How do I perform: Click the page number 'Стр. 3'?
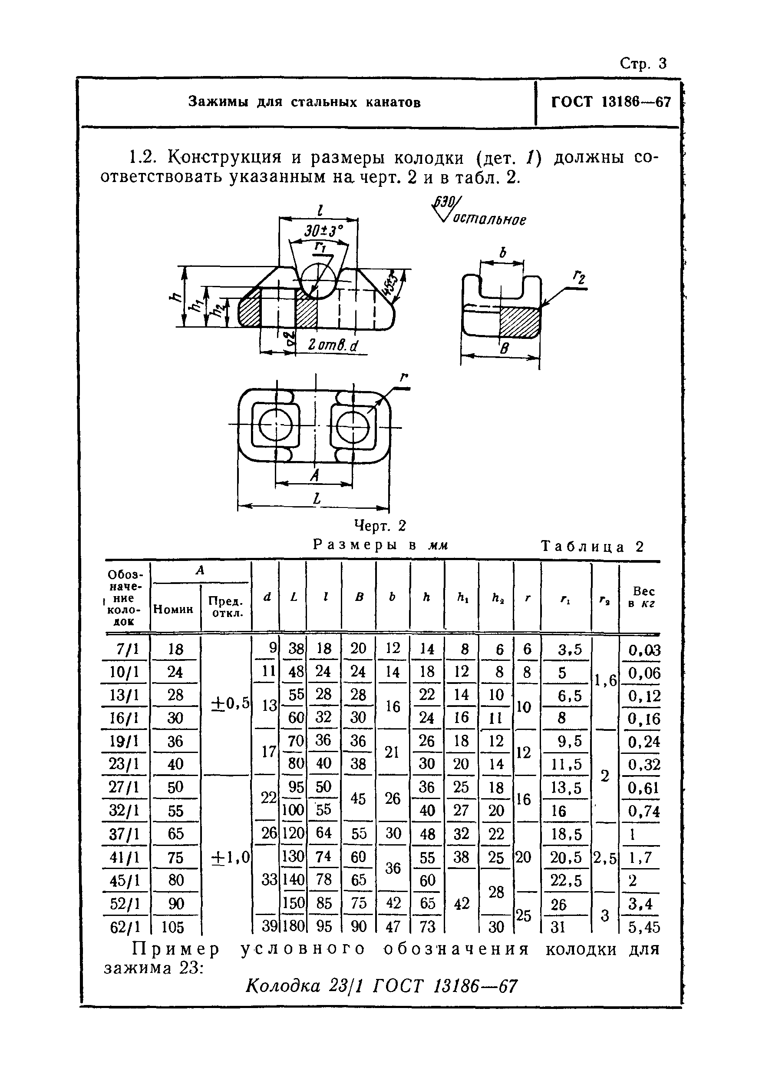click(x=643, y=63)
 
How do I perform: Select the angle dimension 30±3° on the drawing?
click(x=323, y=231)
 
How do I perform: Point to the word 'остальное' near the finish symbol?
click(x=489, y=220)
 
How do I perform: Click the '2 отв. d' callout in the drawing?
click(x=332, y=345)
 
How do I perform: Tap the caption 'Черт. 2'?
click(x=379, y=525)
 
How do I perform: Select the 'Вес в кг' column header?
click(x=643, y=597)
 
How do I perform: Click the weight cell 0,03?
click(x=644, y=650)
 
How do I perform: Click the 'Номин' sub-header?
click(x=174, y=609)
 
